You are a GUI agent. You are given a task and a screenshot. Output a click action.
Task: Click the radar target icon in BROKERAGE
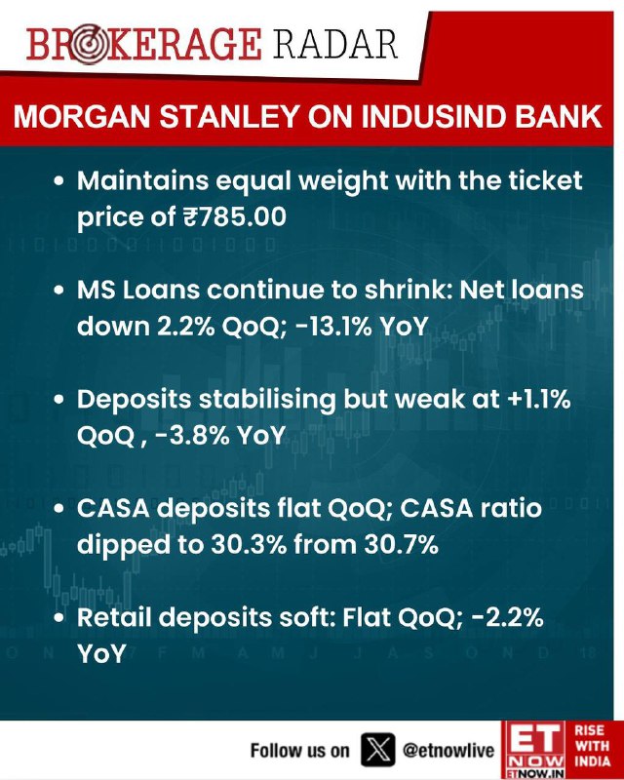pyautogui.click(x=89, y=44)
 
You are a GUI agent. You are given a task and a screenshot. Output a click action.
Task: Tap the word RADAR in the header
pyautogui.click(x=334, y=44)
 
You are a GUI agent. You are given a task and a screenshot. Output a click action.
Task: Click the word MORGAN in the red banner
pyautogui.click(x=82, y=116)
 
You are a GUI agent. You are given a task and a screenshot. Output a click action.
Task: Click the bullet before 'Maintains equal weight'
pyautogui.click(x=59, y=181)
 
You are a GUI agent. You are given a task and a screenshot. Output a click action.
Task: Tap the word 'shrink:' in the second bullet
pyautogui.click(x=409, y=290)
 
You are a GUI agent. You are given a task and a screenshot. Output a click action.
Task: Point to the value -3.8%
pyautogui.click(x=191, y=435)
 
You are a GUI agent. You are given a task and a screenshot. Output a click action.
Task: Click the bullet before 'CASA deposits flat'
pyautogui.click(x=59, y=508)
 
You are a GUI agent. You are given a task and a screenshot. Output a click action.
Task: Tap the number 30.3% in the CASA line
pyautogui.click(x=249, y=544)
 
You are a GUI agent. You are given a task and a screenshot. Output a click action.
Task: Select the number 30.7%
pyautogui.click(x=401, y=544)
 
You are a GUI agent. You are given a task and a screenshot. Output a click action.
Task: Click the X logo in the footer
pyautogui.click(x=377, y=750)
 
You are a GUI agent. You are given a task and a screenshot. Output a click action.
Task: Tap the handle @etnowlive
pyautogui.click(x=448, y=750)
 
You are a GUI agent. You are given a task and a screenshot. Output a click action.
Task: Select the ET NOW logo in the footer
pyautogui.click(x=533, y=750)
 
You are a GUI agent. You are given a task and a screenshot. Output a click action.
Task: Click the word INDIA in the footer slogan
pyautogui.click(x=592, y=761)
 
